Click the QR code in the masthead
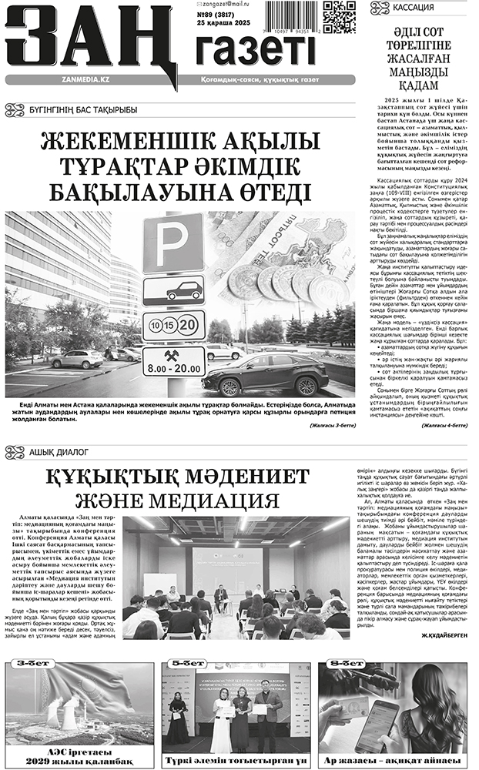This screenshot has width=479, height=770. coord(339,16)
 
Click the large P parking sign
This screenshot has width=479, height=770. coord(173,242)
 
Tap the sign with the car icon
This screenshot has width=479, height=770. coord(173,290)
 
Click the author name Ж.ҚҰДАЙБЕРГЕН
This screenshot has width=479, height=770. coord(444,637)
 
